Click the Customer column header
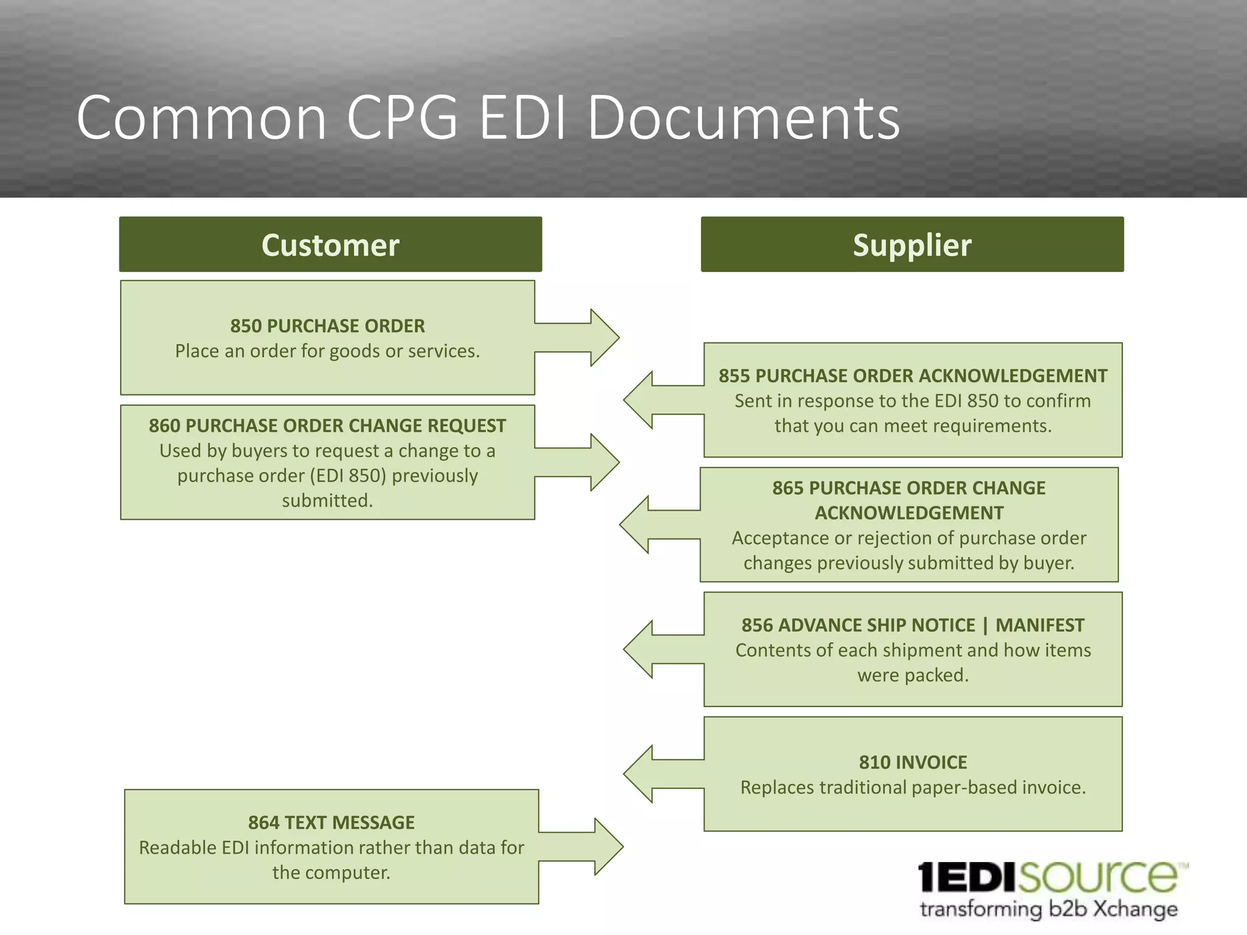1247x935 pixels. tap(330, 245)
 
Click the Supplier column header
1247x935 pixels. tap(912, 245)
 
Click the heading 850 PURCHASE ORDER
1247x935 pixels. tap(328, 326)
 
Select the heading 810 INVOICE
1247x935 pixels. tap(913, 762)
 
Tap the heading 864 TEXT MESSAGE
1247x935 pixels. tap(331, 822)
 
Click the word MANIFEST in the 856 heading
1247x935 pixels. tap(1040, 625)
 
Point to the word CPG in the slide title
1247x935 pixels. tap(402, 117)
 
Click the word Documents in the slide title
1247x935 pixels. tap(743, 117)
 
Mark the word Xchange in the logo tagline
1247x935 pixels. tap(1136, 909)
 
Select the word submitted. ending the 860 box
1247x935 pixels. tap(327, 500)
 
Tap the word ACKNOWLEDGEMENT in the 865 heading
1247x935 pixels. tap(909, 513)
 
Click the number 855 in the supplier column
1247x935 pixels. tap(734, 376)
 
